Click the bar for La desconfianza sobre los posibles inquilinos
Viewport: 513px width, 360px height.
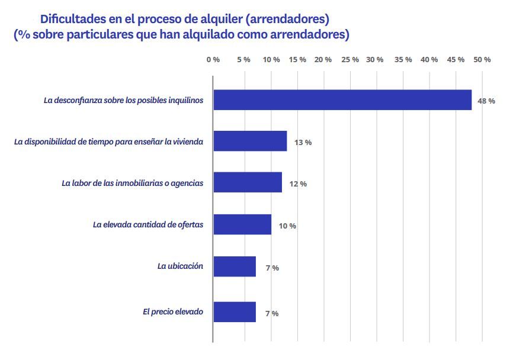coord(342,100)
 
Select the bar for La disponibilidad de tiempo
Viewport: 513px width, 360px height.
coord(250,142)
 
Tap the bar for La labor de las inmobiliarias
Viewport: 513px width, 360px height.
coord(248,182)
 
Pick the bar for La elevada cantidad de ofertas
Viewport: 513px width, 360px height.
coord(242,225)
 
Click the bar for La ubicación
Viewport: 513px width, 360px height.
coord(235,266)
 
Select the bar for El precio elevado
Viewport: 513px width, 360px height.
coord(235,312)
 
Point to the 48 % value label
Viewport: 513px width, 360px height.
coord(486,101)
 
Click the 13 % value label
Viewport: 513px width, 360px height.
coord(303,143)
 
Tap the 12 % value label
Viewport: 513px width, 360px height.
coord(297,184)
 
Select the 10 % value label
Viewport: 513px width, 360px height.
coord(287,226)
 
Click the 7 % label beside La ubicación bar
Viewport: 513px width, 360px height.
coord(272,268)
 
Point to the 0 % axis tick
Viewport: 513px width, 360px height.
coord(213,60)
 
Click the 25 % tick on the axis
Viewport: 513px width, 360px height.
coord(351,60)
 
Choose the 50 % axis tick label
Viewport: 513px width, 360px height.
coord(482,60)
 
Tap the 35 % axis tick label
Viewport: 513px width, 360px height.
coord(403,60)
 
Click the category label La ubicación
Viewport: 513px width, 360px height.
coord(180,266)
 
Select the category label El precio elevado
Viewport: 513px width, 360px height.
coord(173,311)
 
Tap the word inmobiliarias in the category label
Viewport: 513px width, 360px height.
coord(141,183)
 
